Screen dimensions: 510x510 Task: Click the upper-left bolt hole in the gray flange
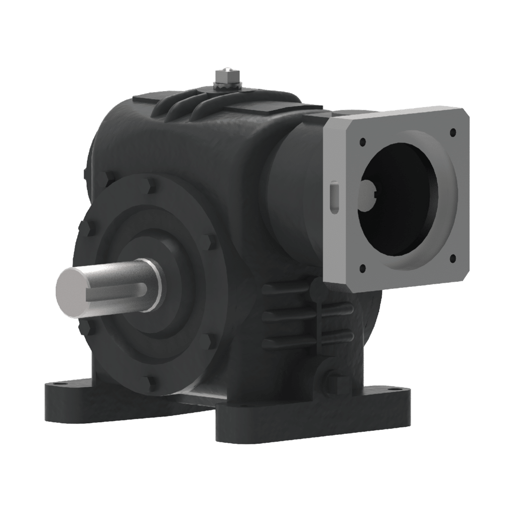(362, 141)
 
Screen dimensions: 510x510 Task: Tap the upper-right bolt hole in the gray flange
(452, 132)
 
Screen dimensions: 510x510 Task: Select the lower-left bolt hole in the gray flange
(362, 267)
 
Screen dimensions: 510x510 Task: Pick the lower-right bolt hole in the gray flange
(452, 258)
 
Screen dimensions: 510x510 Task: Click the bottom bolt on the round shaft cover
(151, 382)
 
